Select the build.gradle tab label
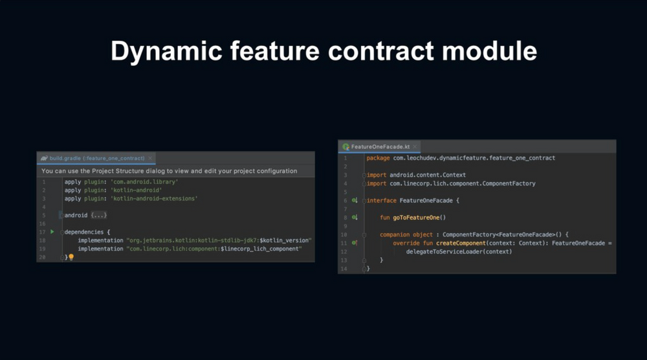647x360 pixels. click(x=96, y=158)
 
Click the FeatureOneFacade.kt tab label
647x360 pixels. click(x=380, y=147)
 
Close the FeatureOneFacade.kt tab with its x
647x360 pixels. click(x=416, y=147)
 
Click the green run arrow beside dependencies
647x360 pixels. click(x=52, y=231)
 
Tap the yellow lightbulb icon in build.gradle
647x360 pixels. click(x=71, y=257)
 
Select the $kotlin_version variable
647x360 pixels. click(x=285, y=240)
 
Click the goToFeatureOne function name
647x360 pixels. click(x=415, y=218)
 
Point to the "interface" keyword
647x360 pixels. click(x=381, y=201)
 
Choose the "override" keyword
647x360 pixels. click(x=406, y=243)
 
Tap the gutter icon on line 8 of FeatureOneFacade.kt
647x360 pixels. click(x=355, y=218)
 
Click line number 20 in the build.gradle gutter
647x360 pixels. click(x=42, y=257)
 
